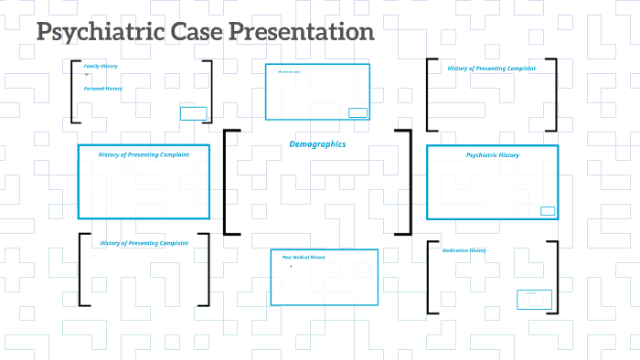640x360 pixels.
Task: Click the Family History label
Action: point(101,66)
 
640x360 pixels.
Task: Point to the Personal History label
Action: point(102,89)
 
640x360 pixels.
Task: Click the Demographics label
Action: point(317,144)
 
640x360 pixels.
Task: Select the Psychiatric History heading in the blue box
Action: point(492,155)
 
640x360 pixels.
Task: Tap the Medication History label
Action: point(464,250)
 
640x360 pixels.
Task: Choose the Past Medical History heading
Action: point(304,257)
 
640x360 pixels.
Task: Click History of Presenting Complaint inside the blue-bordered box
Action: point(144,154)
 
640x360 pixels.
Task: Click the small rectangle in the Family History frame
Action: point(193,113)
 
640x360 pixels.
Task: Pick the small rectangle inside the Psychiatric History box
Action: point(548,211)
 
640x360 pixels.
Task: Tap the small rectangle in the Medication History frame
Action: point(533,299)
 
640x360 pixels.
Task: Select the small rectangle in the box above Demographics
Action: point(357,112)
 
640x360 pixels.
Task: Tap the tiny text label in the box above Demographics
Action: point(289,70)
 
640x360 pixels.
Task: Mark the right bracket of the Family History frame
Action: point(210,91)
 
